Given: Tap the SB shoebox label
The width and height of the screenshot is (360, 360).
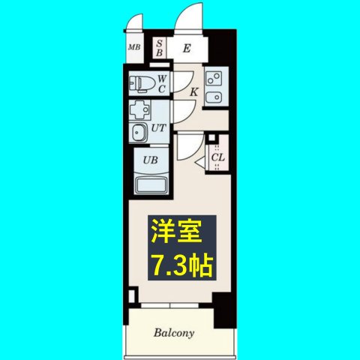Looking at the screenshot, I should (x=160, y=48).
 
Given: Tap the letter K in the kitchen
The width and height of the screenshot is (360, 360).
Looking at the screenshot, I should (x=193, y=92).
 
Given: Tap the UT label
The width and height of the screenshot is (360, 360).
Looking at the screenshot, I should (x=158, y=128).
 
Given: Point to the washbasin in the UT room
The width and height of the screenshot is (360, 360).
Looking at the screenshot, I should (x=139, y=133).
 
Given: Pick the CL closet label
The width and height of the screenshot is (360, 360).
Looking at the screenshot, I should (x=217, y=157).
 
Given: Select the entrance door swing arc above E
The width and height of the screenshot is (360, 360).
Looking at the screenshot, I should (x=187, y=18).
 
